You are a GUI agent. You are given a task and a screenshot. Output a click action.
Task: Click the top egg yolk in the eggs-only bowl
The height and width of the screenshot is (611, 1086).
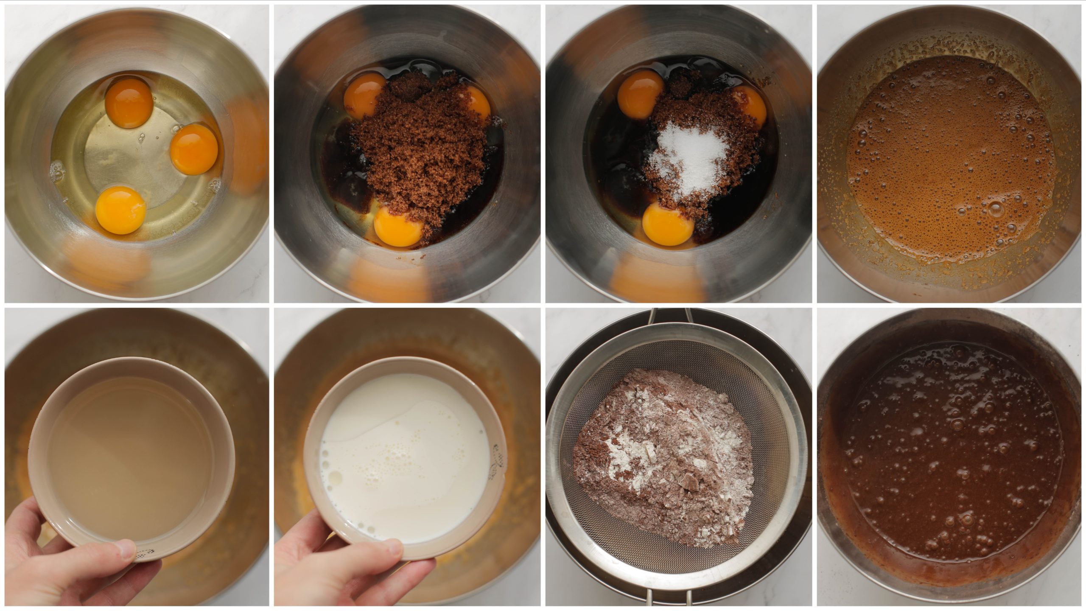tap(129, 104)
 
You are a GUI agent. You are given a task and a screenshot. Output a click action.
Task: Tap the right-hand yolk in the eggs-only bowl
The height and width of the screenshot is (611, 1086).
tap(194, 149)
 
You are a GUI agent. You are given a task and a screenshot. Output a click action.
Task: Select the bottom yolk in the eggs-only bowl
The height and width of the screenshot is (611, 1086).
tap(120, 210)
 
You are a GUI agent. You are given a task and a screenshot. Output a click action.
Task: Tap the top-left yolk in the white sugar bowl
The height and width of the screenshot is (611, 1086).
tap(640, 94)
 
